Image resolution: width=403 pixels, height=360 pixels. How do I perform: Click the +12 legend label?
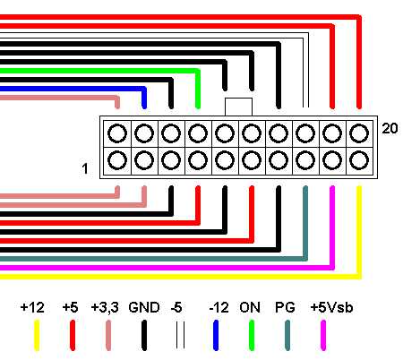click(32, 307)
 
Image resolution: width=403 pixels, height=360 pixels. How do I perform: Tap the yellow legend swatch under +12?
click(37, 335)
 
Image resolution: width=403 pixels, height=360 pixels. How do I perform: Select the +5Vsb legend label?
click(331, 307)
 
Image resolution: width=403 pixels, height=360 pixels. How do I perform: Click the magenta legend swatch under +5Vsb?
click(323, 335)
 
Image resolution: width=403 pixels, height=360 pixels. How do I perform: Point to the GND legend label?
click(144, 307)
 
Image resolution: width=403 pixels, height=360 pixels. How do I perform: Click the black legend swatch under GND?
click(144, 335)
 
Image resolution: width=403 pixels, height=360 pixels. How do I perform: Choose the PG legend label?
click(285, 307)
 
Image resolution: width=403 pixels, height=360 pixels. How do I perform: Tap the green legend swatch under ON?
click(252, 335)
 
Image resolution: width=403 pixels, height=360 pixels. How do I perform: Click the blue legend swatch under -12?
click(216, 335)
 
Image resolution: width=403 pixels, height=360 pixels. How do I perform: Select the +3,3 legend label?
click(105, 307)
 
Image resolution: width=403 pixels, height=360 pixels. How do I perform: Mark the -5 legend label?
click(176, 307)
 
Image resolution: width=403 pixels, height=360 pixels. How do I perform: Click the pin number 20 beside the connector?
click(390, 128)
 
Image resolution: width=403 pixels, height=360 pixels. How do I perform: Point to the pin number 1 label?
click(85, 168)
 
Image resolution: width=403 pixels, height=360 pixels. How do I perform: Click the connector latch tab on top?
click(238, 107)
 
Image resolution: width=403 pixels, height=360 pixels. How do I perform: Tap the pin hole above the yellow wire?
click(359, 160)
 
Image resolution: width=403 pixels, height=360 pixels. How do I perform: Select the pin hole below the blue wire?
click(144, 133)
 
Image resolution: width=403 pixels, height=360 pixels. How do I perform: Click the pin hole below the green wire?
click(198, 133)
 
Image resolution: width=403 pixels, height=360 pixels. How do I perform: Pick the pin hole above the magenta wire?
click(332, 160)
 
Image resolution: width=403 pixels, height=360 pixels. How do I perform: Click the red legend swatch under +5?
click(73, 335)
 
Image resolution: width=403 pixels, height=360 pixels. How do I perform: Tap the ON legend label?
click(250, 307)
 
